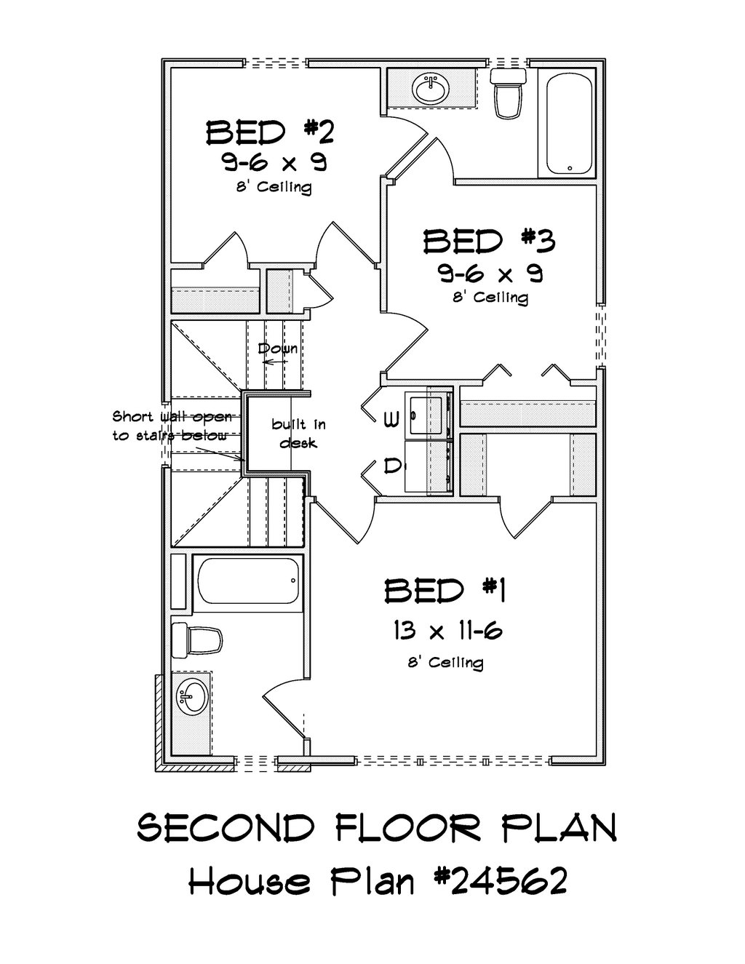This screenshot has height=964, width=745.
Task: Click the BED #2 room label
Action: pyautogui.click(x=270, y=132)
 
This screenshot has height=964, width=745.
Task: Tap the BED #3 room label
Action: pyautogui.click(x=489, y=242)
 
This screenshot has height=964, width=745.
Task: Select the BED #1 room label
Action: pyautogui.click(x=445, y=591)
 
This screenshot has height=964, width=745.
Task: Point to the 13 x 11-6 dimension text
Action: pyautogui.click(x=447, y=630)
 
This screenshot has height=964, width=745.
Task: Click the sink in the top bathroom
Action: pyautogui.click(x=429, y=88)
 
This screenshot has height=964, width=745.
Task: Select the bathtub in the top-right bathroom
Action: pyautogui.click(x=570, y=124)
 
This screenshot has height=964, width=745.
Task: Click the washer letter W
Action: pyautogui.click(x=391, y=419)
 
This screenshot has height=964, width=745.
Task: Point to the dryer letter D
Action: pyautogui.click(x=391, y=466)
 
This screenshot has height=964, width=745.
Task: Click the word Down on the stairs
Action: pyautogui.click(x=278, y=348)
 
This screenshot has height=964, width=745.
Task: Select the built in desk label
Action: pyautogui.click(x=298, y=434)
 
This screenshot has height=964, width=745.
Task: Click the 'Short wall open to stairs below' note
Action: pyautogui.click(x=172, y=426)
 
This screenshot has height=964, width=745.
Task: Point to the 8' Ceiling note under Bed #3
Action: pyautogui.click(x=490, y=298)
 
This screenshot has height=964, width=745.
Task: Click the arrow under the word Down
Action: pyautogui.click(x=275, y=362)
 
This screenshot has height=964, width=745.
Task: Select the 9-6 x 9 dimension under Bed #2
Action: pyautogui.click(x=274, y=162)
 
